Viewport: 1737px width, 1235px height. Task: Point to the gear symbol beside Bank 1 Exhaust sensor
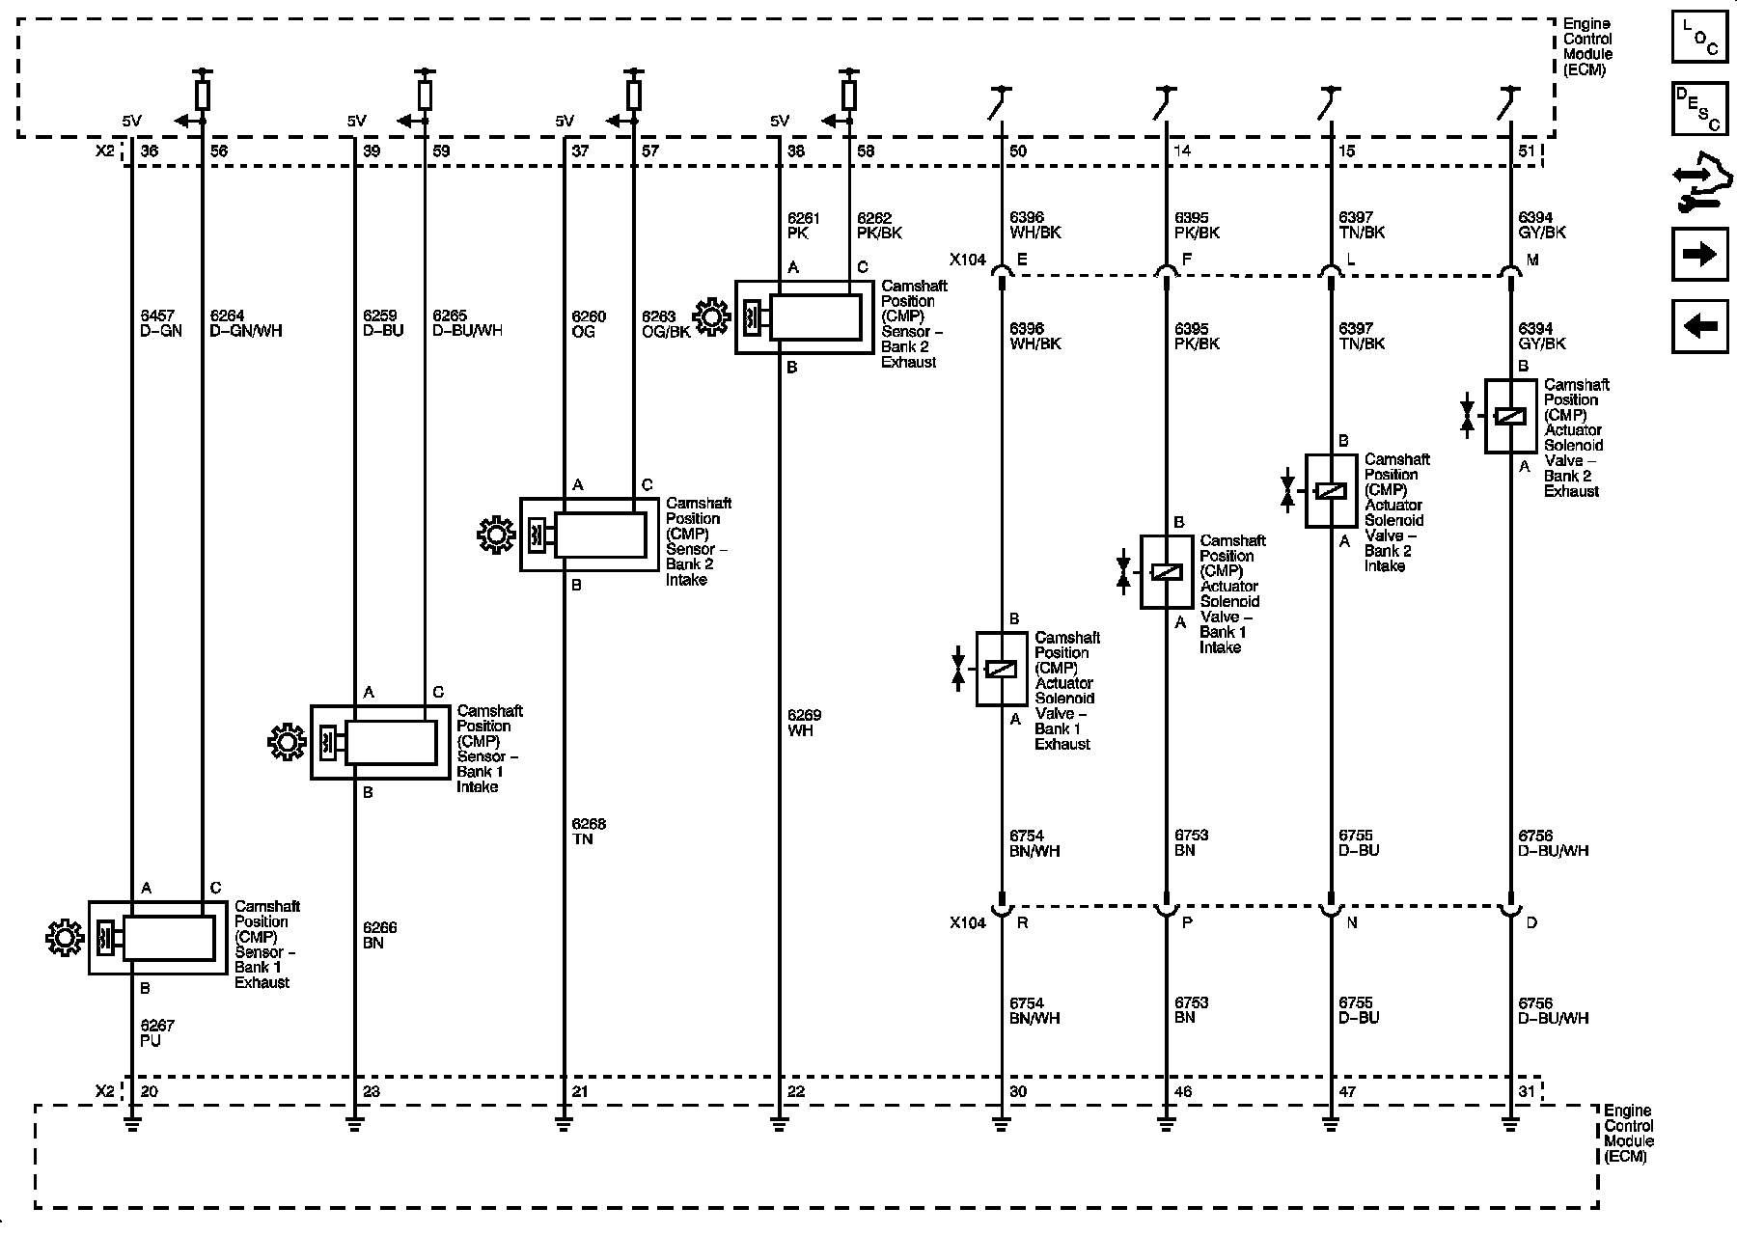coord(65,938)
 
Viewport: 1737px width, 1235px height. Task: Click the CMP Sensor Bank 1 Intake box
coord(380,742)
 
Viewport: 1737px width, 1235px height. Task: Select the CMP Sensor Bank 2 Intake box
coord(590,535)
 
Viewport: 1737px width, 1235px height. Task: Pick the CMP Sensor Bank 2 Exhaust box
coord(805,316)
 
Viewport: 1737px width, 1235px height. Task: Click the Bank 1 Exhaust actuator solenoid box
coord(1002,669)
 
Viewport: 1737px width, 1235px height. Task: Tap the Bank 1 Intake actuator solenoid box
coord(1166,572)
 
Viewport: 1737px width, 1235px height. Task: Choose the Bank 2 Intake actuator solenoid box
coord(1331,491)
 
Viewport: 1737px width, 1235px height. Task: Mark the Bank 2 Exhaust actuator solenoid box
coord(1510,416)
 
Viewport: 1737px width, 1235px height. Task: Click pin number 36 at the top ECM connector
coord(150,151)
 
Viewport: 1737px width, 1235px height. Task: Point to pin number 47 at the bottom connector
coord(1348,1092)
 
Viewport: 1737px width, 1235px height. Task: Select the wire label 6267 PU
coord(157,1033)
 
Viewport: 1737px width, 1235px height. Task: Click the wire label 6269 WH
coord(804,723)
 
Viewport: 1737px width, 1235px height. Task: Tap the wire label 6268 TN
coord(589,832)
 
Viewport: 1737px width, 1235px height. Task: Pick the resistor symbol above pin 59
coord(425,96)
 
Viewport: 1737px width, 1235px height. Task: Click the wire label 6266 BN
coord(380,935)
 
